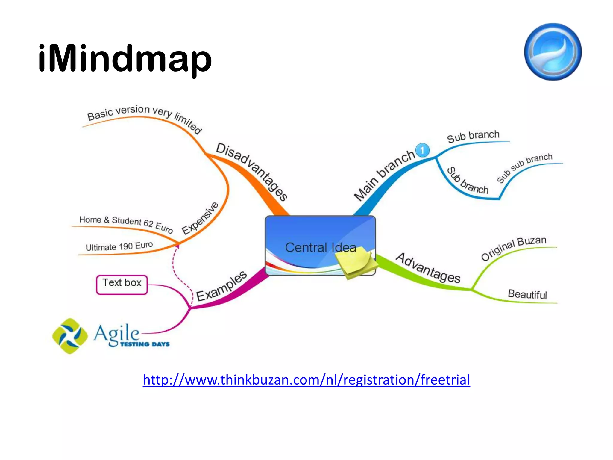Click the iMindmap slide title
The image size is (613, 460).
pyautogui.click(x=125, y=58)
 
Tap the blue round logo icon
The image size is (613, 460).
pyautogui.click(x=553, y=52)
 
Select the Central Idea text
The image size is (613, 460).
pyautogui.click(x=320, y=247)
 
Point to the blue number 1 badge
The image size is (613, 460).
pyautogui.click(x=422, y=150)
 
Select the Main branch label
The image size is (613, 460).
pyautogui.click(x=384, y=175)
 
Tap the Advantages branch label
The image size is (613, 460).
pyautogui.click(x=428, y=268)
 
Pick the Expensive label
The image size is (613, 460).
pyautogui.click(x=200, y=218)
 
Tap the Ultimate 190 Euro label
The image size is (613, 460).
pyautogui.click(x=119, y=246)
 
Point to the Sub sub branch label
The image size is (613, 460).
pyautogui.click(x=524, y=168)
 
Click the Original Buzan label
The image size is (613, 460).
pyautogui.click(x=514, y=248)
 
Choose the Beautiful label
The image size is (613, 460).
pyautogui.click(x=527, y=294)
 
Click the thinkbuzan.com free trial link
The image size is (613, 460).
pyautogui.click(x=306, y=380)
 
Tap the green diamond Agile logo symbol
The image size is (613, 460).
pyautogui.click(x=70, y=336)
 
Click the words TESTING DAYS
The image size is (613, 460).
pyautogui.click(x=145, y=344)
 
